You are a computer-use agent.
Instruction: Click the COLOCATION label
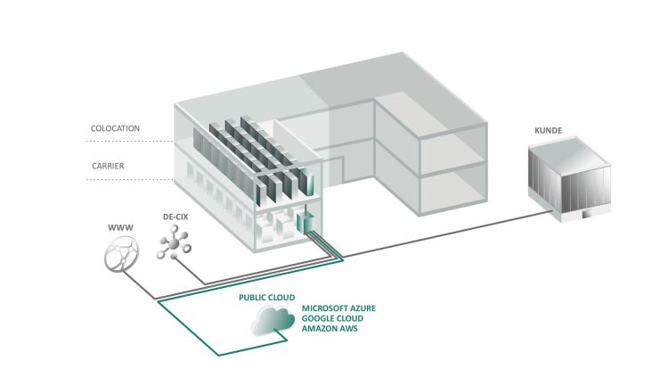pyautogui.click(x=116, y=128)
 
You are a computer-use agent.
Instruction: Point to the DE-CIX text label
pyautogui.click(x=175, y=216)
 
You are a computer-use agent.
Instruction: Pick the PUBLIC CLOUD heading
pyautogui.click(x=266, y=296)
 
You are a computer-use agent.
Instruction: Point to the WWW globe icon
pyautogui.click(x=119, y=258)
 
